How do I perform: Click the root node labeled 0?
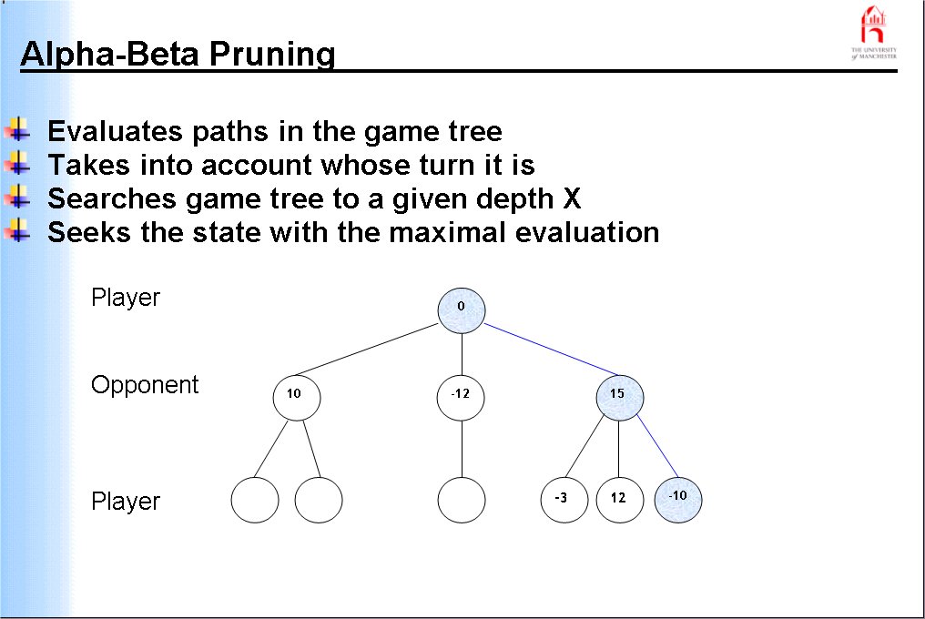[x=461, y=307]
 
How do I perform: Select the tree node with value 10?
[x=297, y=396]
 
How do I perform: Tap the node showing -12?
[x=461, y=396]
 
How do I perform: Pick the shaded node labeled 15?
[x=620, y=396]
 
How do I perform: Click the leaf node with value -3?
[x=564, y=499]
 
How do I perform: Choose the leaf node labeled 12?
[x=619, y=499]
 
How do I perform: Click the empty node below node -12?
[x=462, y=500]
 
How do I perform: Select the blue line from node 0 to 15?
[x=542, y=350]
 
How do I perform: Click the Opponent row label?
[x=145, y=385]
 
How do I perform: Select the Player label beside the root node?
[x=126, y=298]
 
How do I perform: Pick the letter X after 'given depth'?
[x=572, y=198]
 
